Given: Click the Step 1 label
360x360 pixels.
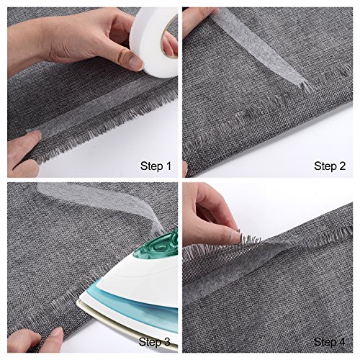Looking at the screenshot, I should click(155, 167).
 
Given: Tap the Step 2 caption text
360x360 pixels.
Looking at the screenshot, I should click(330, 166).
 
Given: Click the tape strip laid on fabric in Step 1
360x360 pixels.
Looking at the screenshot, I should click(86, 119).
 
